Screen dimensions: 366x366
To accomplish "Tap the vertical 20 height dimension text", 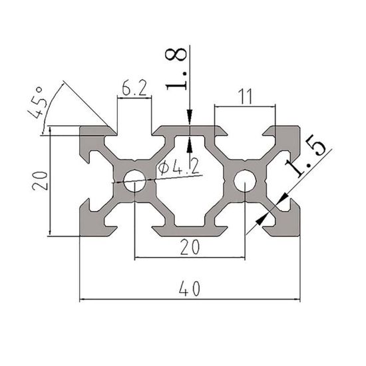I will [42, 180].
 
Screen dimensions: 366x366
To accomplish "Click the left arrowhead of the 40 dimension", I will [85, 299].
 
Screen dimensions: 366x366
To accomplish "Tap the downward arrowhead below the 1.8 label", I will [190, 120].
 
